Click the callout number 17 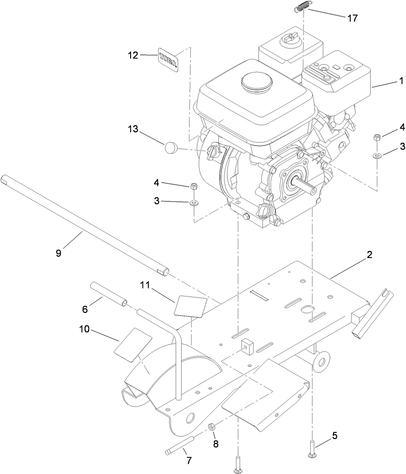(x=352, y=18)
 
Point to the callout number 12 (x=133, y=55)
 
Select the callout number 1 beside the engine (x=401, y=81)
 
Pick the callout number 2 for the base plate (x=369, y=255)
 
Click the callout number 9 (x=59, y=253)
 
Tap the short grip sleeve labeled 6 (x=108, y=293)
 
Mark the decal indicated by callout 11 (x=190, y=306)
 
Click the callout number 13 (x=133, y=130)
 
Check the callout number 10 (x=85, y=330)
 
